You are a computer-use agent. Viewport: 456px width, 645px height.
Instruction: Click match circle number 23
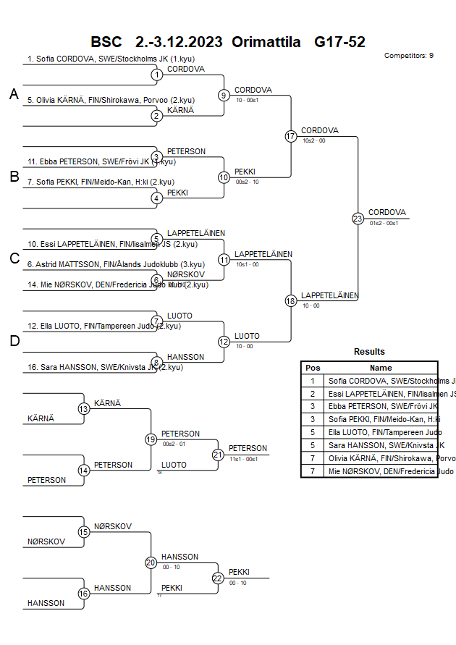pyautogui.click(x=358, y=219)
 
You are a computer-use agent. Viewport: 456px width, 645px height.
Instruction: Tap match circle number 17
pyautogui.click(x=291, y=136)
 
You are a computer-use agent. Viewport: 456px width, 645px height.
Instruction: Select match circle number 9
pyautogui.click(x=224, y=95)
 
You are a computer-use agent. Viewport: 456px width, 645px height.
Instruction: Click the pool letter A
pyautogui.click(x=14, y=94)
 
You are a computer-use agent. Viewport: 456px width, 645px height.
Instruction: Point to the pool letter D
pyautogui.click(x=14, y=341)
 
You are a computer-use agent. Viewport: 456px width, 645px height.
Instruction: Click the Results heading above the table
pyautogui.click(x=369, y=352)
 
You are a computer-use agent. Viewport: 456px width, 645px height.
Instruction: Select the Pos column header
pyautogui.click(x=313, y=368)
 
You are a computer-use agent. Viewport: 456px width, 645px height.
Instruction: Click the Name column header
pyautogui.click(x=381, y=368)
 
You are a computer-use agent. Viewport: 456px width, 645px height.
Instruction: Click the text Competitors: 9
pyautogui.click(x=409, y=55)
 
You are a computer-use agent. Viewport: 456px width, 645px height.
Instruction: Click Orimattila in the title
pyautogui.click(x=266, y=42)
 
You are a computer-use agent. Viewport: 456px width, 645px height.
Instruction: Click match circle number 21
pyautogui.click(x=218, y=455)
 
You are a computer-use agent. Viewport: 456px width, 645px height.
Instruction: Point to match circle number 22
pyautogui.click(x=218, y=578)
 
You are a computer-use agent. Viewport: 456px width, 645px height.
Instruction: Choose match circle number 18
pyautogui.click(x=291, y=301)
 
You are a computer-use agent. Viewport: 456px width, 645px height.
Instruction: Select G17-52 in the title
pyautogui.click(x=339, y=42)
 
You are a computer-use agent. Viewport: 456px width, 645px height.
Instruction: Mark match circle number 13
pyautogui.click(x=83, y=409)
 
